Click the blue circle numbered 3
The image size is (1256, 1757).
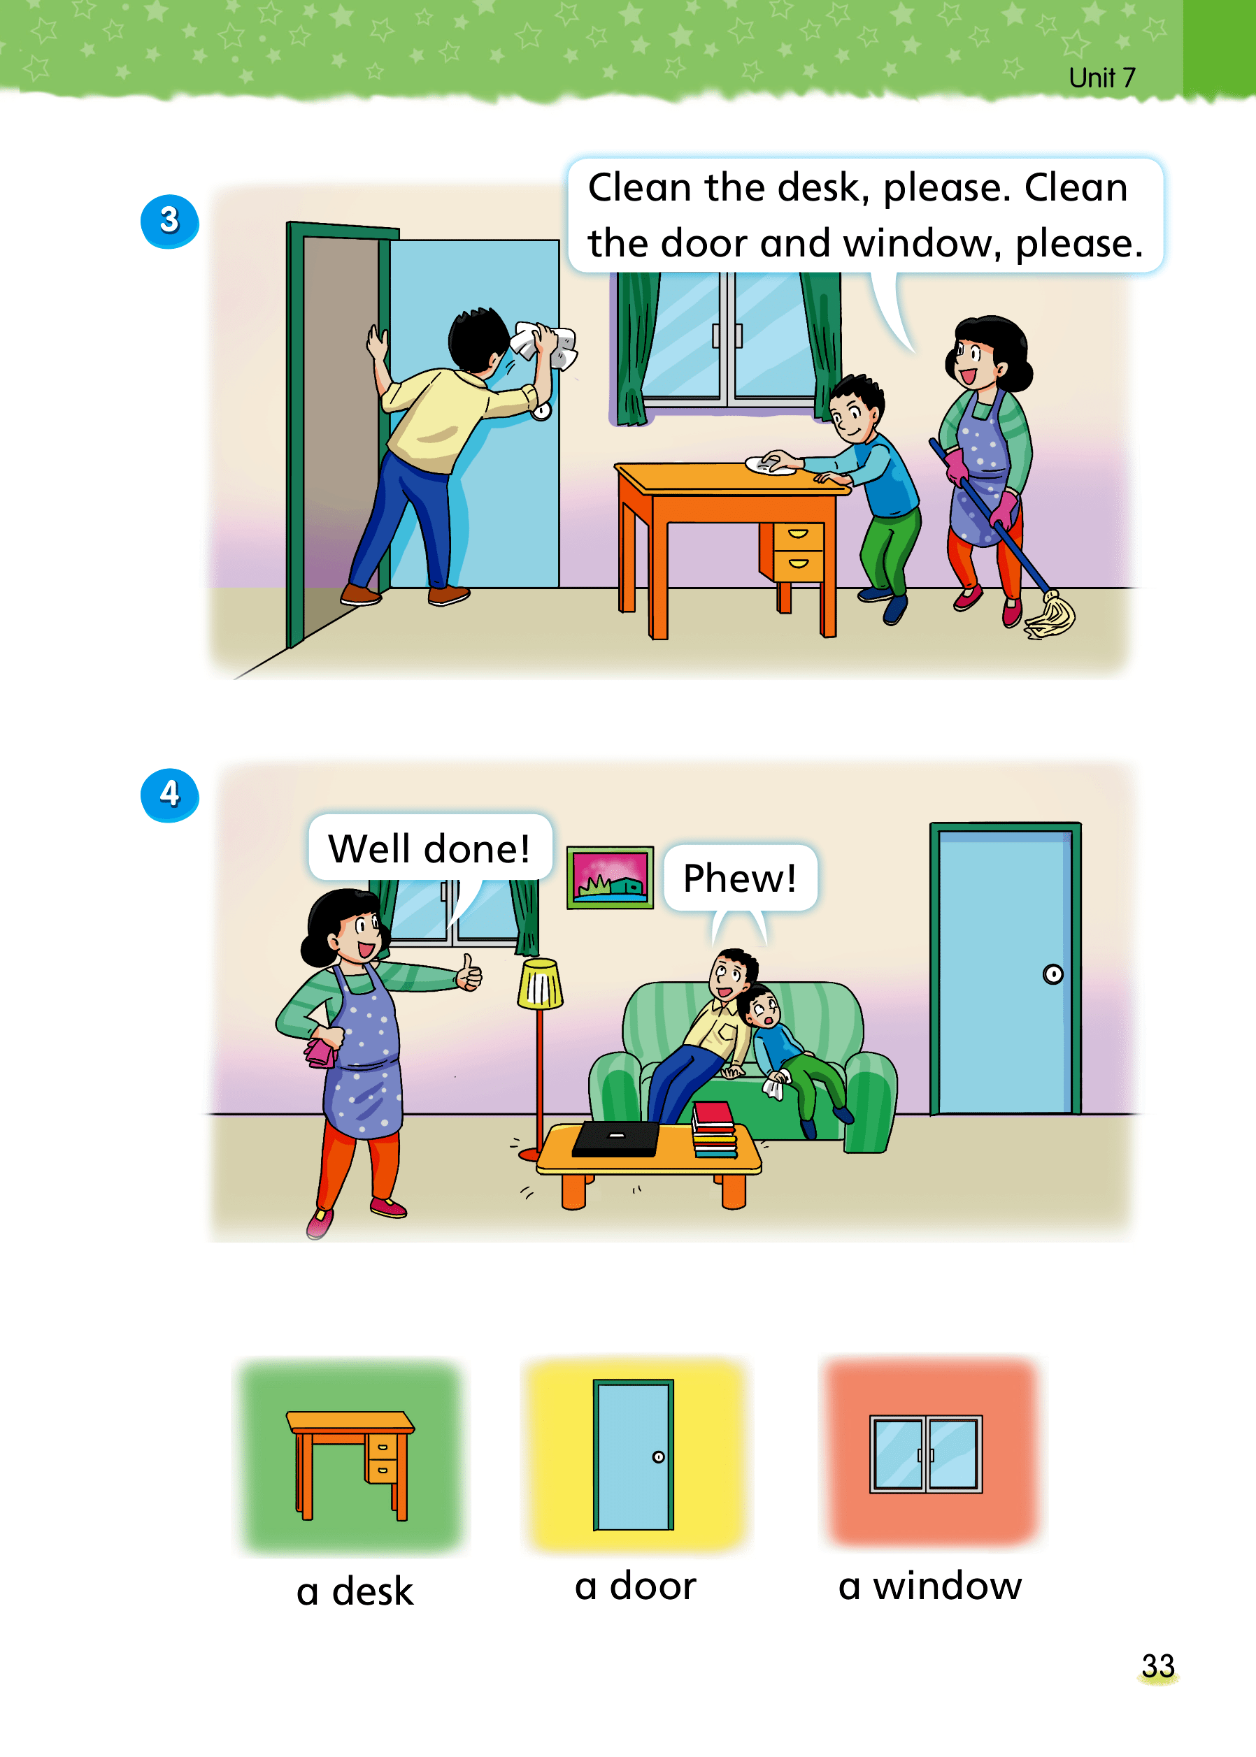point(169,221)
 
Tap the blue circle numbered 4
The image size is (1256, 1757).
point(169,795)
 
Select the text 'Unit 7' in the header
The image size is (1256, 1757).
point(1102,78)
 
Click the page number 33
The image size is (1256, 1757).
point(1158,1665)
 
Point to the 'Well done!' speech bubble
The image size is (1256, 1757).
point(430,847)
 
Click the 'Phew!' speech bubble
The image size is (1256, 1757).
point(740,878)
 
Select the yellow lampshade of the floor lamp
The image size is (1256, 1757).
point(540,983)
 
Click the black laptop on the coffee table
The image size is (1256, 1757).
point(616,1139)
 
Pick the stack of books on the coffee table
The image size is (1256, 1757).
point(714,1129)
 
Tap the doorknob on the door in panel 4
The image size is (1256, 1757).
point(1052,974)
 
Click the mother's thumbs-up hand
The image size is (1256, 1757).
point(469,973)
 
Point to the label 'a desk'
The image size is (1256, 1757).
point(355,1591)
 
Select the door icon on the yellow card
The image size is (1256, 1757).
point(634,1455)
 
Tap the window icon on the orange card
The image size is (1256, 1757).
point(926,1454)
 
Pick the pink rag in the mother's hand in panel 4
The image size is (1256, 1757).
point(321,1052)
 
